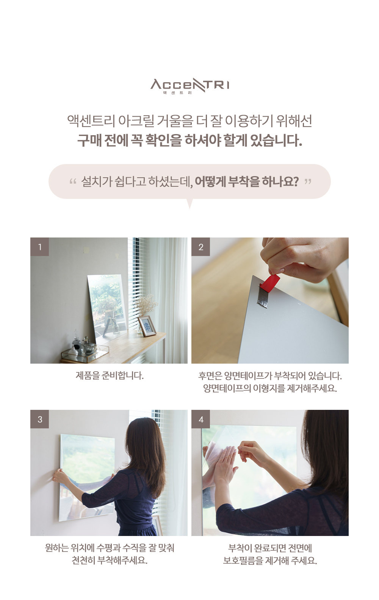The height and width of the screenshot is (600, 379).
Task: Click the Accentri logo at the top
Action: tap(189, 86)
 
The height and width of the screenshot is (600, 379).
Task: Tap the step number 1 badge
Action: tap(40, 247)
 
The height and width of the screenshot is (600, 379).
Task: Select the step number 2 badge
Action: tap(200, 247)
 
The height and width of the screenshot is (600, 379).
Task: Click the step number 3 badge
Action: tap(40, 419)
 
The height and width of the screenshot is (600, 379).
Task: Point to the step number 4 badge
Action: tap(200, 419)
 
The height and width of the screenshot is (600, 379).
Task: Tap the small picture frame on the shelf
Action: tap(147, 326)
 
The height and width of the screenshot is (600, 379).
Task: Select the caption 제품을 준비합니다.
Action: tap(110, 375)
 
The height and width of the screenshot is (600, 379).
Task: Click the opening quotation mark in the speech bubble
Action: tap(73, 181)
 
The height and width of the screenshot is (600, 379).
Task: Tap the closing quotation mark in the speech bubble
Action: tap(308, 181)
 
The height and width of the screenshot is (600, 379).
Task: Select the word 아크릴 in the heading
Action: tap(136, 121)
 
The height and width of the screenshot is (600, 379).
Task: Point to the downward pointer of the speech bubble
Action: tap(189, 203)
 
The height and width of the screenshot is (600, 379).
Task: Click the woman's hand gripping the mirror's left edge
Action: tap(59, 476)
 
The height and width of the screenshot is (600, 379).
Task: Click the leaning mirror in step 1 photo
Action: tap(107, 308)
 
